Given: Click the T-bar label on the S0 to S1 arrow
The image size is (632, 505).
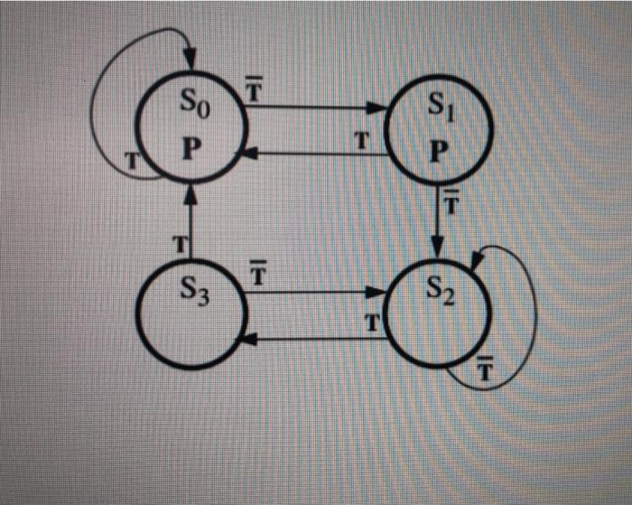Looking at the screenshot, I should coord(255,91).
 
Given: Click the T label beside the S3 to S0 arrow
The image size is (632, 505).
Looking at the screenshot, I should coord(179,243).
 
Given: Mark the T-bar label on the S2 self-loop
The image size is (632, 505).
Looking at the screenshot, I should coord(484,369).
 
